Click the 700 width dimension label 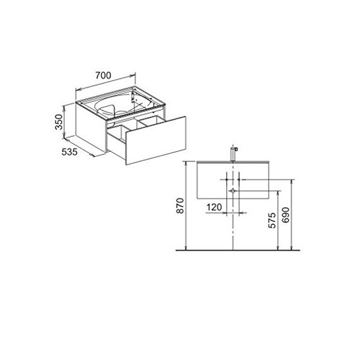click(103, 75)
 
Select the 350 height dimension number click(59, 122)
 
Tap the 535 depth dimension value click(70, 152)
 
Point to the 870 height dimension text click(180, 206)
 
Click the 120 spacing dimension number click(214, 208)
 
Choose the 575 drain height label click(272, 220)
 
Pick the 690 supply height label click(286, 215)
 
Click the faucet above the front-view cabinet click(234, 154)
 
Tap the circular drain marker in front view click(233, 191)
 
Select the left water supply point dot click(227, 179)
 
